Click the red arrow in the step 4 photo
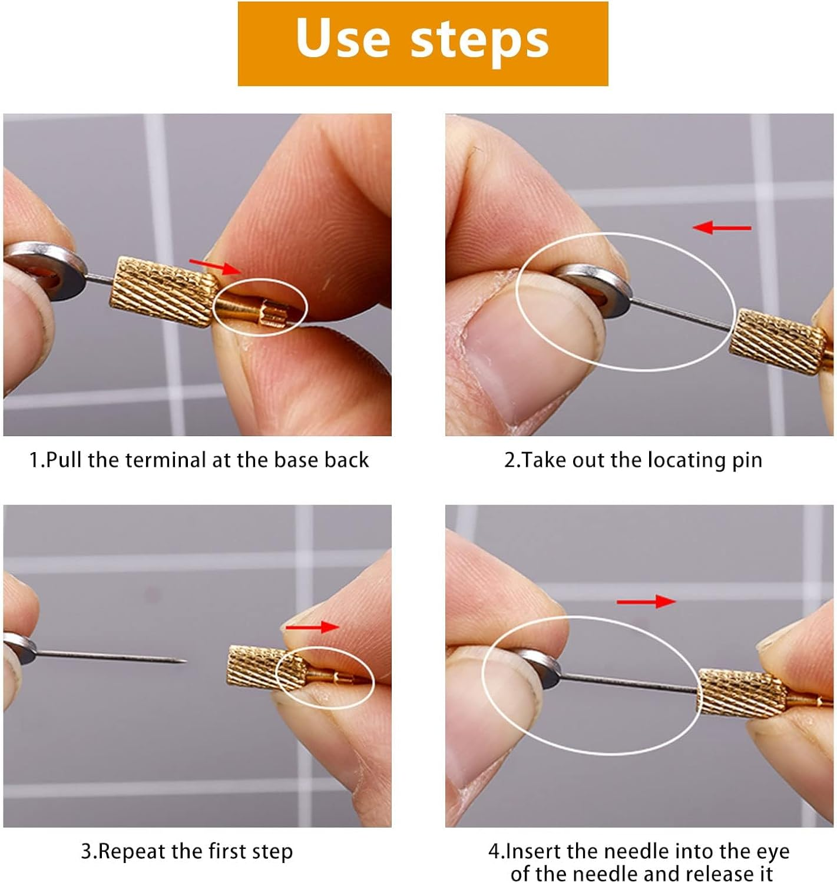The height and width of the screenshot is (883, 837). [x=646, y=601]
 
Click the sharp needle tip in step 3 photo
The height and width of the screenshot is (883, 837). [x=183, y=661]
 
